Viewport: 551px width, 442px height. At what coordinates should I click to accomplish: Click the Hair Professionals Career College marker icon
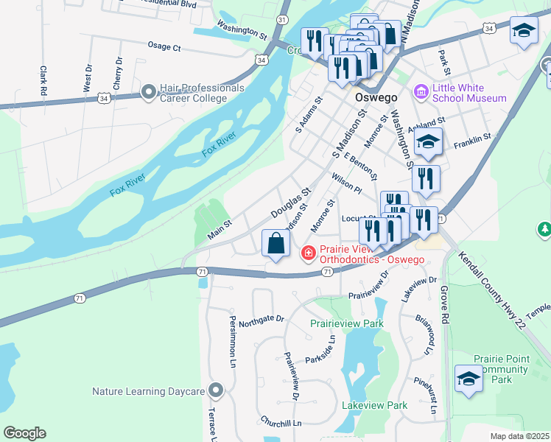click(x=149, y=92)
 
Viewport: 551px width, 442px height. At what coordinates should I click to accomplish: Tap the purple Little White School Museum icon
click(x=421, y=92)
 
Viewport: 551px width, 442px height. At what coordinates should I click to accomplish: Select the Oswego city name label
click(x=376, y=97)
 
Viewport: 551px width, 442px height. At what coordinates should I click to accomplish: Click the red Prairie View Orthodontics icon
click(x=308, y=253)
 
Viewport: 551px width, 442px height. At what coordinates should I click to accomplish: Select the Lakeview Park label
click(x=375, y=405)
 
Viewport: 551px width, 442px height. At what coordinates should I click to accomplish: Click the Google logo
click(x=24, y=433)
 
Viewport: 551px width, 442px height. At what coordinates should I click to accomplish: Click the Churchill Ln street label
click(x=281, y=423)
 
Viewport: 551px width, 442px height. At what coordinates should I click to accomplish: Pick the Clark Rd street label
click(x=43, y=80)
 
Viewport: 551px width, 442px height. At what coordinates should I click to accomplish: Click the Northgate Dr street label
click(x=261, y=318)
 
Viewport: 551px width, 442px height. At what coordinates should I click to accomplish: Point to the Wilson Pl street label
click(x=347, y=183)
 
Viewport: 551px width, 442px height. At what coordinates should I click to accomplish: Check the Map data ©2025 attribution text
click(x=519, y=436)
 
